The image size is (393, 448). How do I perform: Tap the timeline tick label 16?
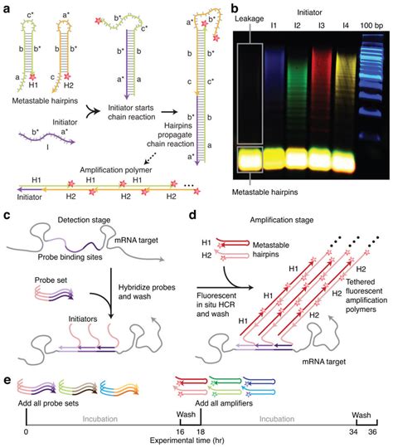point(179,433)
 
